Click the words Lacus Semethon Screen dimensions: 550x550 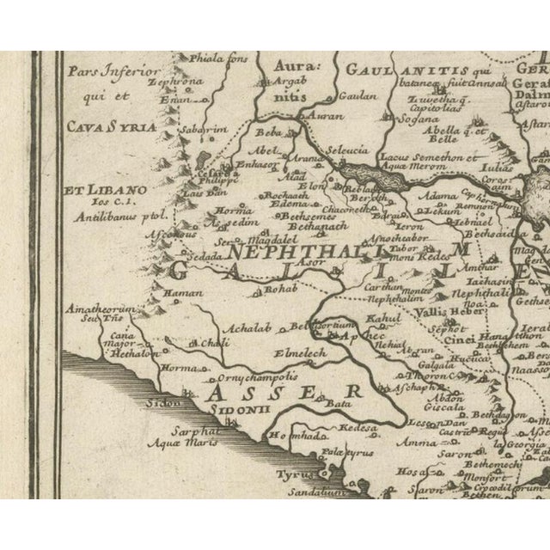418,157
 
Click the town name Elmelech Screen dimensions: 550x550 275,351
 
